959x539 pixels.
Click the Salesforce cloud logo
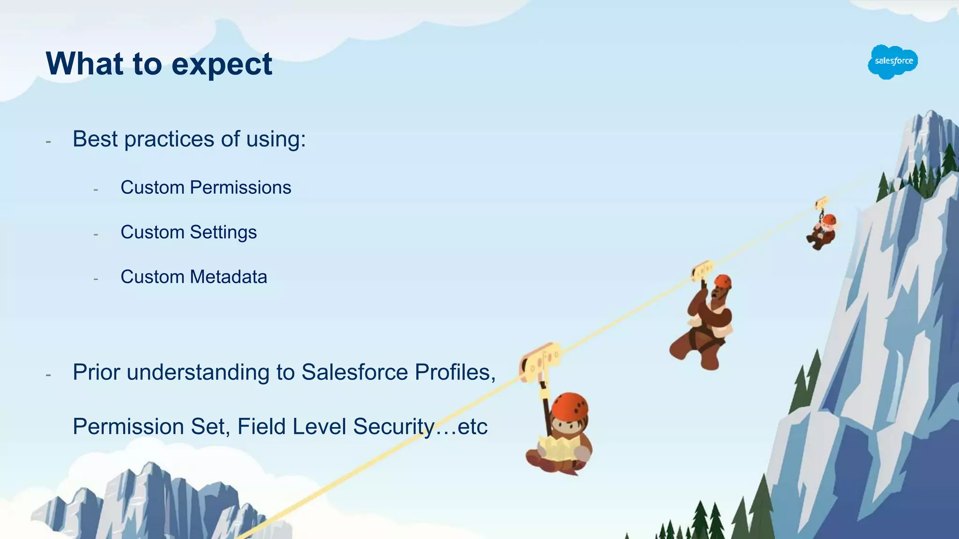[x=893, y=62]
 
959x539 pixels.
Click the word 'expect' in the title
[x=221, y=65]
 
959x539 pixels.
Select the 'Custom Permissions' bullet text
[x=206, y=188]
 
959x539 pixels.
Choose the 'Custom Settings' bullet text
[x=188, y=232]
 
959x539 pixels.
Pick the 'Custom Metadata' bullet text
[x=193, y=277]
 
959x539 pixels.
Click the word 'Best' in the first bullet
[x=95, y=139]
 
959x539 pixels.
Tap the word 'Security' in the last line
[x=394, y=427]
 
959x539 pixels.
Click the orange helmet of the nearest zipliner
[x=569, y=406]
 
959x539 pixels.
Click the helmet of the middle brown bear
[x=723, y=281]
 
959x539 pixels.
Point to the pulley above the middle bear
[x=702, y=270]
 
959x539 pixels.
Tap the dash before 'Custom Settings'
[x=96, y=234]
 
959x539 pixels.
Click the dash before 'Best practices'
[x=48, y=141]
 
